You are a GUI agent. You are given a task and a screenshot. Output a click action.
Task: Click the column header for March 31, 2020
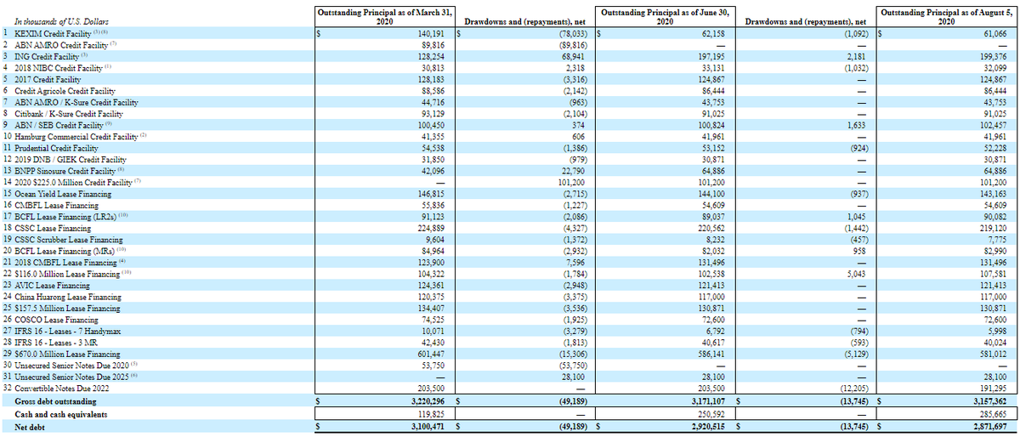[382, 16]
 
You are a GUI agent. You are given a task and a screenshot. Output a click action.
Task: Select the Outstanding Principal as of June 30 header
[666, 16]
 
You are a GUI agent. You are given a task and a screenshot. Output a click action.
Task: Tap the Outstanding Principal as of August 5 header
[949, 16]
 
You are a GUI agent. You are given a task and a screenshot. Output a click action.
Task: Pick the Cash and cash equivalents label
[65, 412]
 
